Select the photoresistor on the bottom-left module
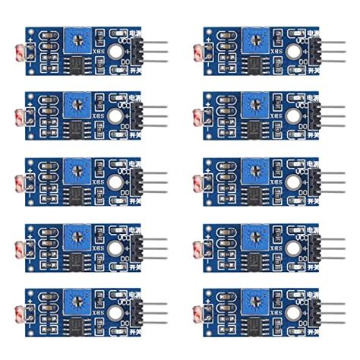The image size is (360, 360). [x=20, y=314]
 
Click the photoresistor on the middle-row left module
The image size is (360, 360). [x=20, y=182]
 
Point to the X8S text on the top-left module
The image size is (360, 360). [x=99, y=49]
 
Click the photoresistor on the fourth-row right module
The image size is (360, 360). [x=199, y=248]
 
